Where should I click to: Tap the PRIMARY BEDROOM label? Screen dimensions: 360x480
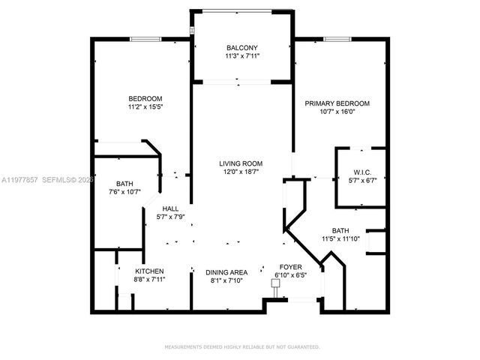(x=337, y=103)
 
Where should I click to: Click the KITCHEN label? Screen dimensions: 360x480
(x=149, y=271)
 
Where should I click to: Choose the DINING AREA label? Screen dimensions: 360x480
(x=227, y=272)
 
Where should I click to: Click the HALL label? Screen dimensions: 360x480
(x=170, y=208)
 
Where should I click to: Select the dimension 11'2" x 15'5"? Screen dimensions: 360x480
(x=146, y=107)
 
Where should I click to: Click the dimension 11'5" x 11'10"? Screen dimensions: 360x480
(x=340, y=240)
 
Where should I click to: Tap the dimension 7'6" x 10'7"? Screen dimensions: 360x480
(x=124, y=192)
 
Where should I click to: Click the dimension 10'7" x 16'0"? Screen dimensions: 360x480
(x=337, y=112)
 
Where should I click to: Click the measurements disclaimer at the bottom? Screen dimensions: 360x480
(x=241, y=346)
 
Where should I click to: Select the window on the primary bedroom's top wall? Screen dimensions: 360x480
(x=334, y=39)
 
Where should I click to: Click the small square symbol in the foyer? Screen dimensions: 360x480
(x=274, y=283)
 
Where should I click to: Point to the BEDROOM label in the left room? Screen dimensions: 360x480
(x=145, y=98)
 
